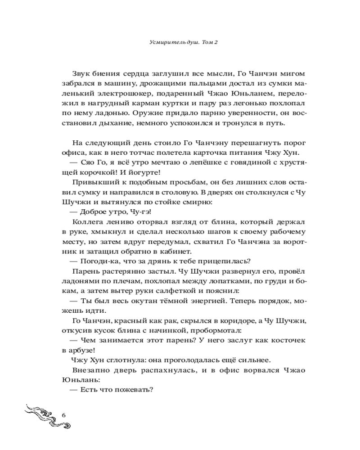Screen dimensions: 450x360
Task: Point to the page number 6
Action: point(63,414)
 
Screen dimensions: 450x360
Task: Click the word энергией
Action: point(175,299)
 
